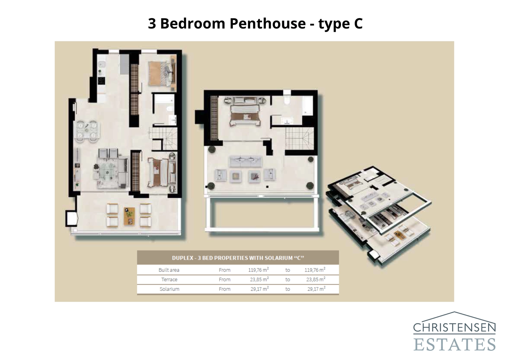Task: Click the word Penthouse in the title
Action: coord(267,24)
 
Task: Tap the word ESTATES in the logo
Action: coord(454,345)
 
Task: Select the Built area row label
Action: coord(169,270)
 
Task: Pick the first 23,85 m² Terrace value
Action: coord(259,279)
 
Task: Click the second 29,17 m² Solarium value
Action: coord(316,289)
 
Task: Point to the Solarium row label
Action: coord(169,289)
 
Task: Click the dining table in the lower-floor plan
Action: coord(87,131)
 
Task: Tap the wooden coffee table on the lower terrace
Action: coord(129,216)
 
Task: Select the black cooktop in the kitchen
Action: coord(101,81)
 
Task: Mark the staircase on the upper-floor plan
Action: coord(299,138)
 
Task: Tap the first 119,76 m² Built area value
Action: coord(258,270)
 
